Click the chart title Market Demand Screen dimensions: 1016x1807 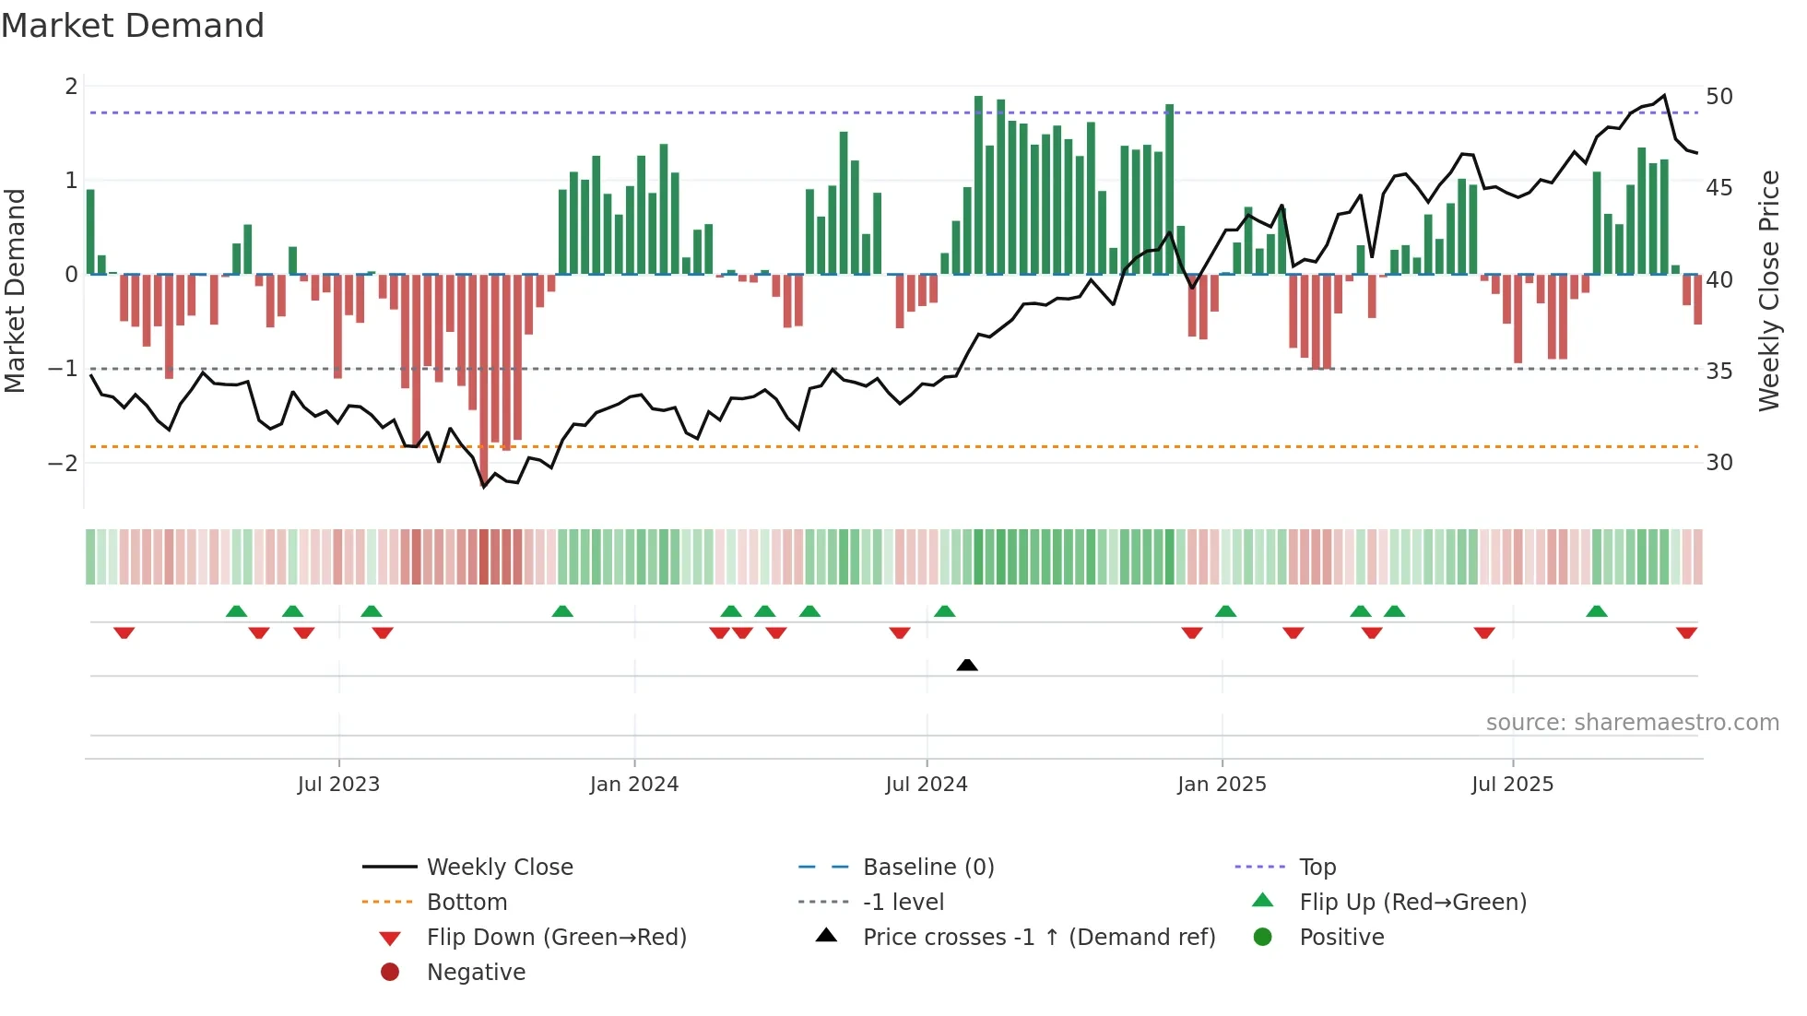tap(133, 26)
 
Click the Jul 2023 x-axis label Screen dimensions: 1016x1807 tap(338, 785)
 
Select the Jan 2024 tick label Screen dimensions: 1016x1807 tap(634, 785)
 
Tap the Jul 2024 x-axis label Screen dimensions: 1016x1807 tap(927, 785)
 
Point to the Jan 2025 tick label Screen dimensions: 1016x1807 tap(1222, 785)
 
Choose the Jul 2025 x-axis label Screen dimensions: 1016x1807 tap(1512, 785)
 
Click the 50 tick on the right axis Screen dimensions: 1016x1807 tap(1719, 97)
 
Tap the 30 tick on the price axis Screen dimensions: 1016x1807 tap(1719, 463)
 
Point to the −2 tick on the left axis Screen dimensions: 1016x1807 tap(63, 463)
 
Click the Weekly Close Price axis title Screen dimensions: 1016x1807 tap(1768, 290)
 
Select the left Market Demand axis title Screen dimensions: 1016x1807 tap(15, 290)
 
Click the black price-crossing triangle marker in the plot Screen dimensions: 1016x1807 tap(967, 665)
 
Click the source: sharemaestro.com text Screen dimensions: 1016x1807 tap(1632, 723)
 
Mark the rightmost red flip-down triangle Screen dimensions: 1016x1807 tap(1686, 632)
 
